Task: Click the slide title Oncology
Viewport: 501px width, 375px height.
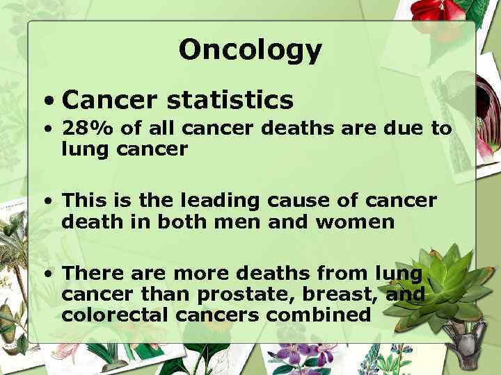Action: coord(250,50)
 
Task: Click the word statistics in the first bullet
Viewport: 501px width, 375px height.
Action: coord(230,101)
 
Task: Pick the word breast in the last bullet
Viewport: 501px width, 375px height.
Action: coord(340,294)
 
